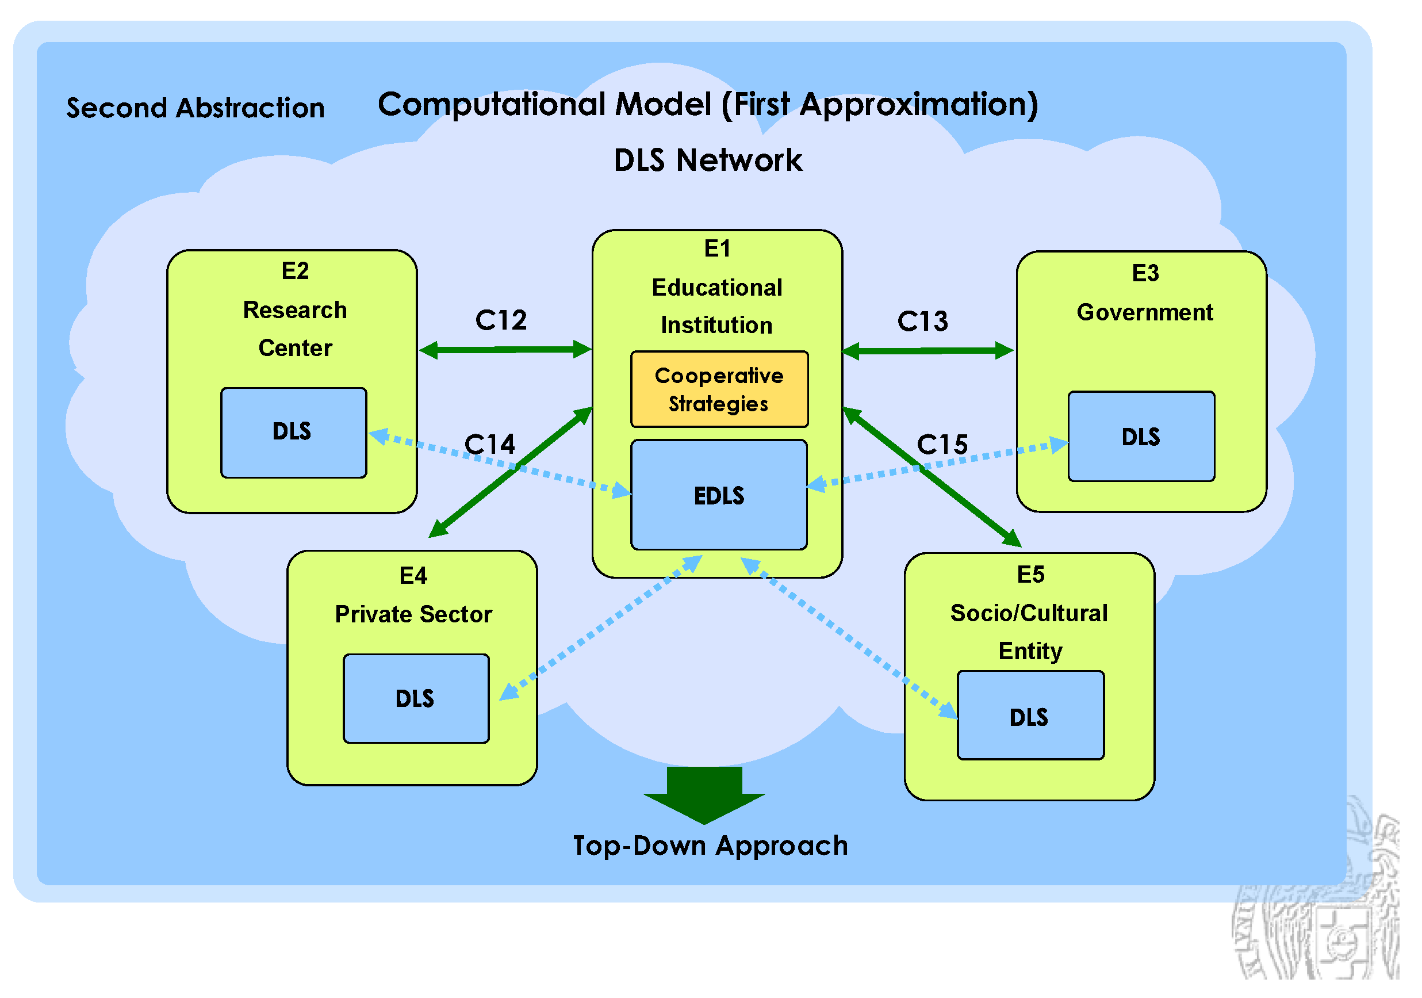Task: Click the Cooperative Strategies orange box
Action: (x=719, y=389)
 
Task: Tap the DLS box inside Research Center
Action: (x=294, y=433)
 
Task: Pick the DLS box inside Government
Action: (x=1141, y=436)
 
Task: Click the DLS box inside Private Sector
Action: (x=416, y=698)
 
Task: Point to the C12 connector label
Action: (x=500, y=320)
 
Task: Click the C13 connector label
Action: (x=922, y=322)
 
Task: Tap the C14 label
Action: (x=489, y=444)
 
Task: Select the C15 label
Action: (x=941, y=444)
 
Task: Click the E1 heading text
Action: (x=717, y=248)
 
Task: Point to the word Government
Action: (x=1144, y=312)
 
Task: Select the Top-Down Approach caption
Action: (x=710, y=846)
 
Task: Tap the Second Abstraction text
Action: (x=195, y=108)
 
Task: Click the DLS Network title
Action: (x=707, y=160)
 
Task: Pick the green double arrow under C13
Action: (x=927, y=351)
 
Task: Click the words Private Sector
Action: (x=413, y=614)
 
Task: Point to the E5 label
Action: (x=1030, y=574)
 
